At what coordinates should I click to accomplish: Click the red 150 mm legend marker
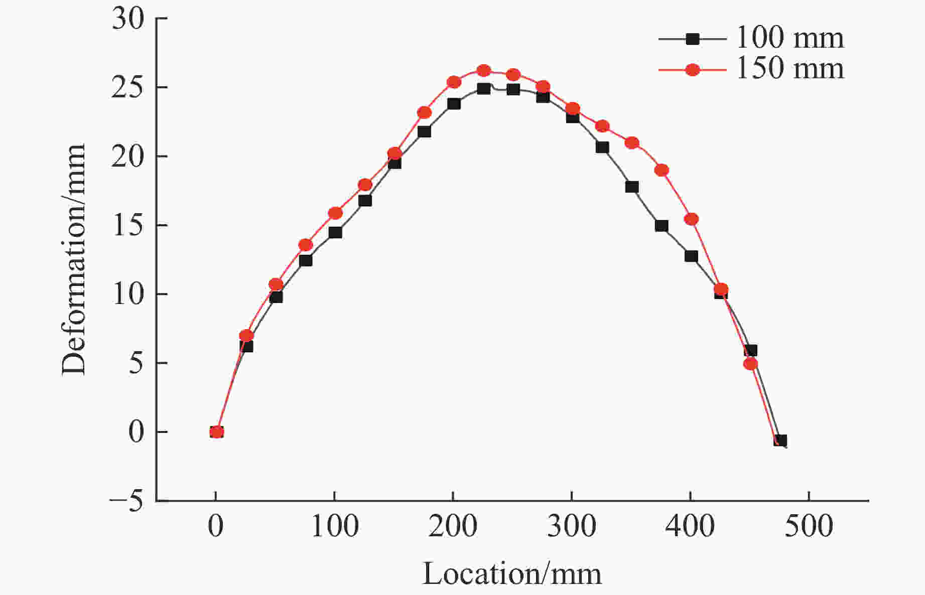pos(693,70)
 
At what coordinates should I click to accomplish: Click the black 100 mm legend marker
pos(693,39)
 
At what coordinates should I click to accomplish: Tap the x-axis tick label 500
pos(808,526)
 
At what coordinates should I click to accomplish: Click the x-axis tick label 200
pos(452,526)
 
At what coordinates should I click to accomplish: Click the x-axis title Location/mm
pos(512,573)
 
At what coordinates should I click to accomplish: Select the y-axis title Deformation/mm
pos(74,259)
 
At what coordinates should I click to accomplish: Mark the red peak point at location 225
pos(483,71)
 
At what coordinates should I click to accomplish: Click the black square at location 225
pos(483,89)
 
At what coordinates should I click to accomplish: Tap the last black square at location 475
pos(780,440)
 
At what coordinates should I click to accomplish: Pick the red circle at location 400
pos(691,219)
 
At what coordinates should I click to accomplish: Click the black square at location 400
pos(691,256)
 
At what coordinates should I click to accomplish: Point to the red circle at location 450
pos(750,364)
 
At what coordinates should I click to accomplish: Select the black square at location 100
pos(335,232)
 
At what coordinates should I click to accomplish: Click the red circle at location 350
pos(632,143)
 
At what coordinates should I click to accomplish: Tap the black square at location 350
pos(632,187)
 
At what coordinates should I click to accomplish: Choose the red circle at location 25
pos(246,336)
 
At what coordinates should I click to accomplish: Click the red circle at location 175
pos(424,112)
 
